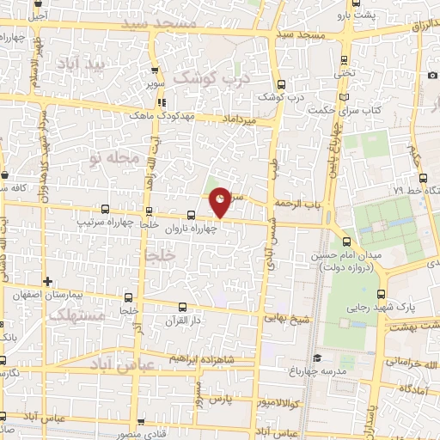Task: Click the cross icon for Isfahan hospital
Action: click(48, 281)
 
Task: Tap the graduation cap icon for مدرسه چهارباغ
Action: click(317, 358)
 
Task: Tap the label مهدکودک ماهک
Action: click(163, 114)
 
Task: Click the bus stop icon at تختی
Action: click(345, 60)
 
